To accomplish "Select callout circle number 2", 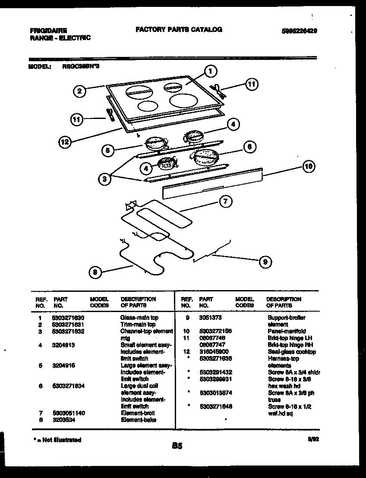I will (x=78, y=91).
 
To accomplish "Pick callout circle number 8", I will (x=95, y=272).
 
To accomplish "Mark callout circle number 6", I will (x=249, y=147).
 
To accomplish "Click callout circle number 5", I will (x=108, y=150).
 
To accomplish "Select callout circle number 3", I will (x=104, y=179).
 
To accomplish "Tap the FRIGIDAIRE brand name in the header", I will (x=48, y=31).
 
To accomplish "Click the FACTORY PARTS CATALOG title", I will (x=179, y=30).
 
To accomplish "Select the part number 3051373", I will (x=210, y=318).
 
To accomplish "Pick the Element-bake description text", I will (x=139, y=420).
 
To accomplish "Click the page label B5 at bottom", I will (x=177, y=447).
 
